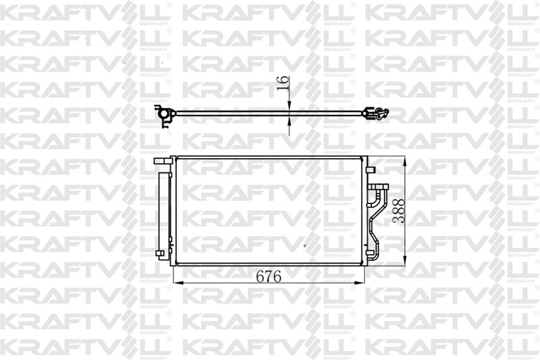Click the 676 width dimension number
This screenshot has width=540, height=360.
[x=268, y=276]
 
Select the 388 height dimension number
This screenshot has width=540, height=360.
[x=398, y=211]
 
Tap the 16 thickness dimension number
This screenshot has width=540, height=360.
[x=282, y=83]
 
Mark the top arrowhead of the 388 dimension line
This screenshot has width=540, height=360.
[x=404, y=161]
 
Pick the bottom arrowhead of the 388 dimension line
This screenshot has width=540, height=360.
[x=404, y=260]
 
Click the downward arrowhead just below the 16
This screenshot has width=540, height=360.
[x=289, y=105]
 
